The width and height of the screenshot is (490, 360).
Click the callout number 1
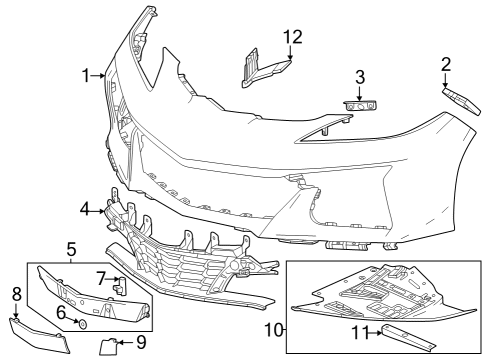click(x=87, y=74)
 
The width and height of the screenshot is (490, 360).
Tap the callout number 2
click(x=445, y=65)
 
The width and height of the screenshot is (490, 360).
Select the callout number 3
click(x=360, y=77)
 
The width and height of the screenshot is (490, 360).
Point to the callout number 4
click(x=86, y=210)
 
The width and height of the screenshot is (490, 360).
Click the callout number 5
click(x=71, y=247)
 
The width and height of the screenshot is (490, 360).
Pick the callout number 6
click(x=61, y=312)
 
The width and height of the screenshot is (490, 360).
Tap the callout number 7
click(x=101, y=277)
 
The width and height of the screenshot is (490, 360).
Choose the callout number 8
click(x=16, y=293)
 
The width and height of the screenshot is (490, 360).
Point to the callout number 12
click(x=291, y=37)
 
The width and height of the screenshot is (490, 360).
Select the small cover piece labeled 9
click(x=108, y=347)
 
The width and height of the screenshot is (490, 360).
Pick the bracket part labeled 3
click(x=360, y=105)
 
